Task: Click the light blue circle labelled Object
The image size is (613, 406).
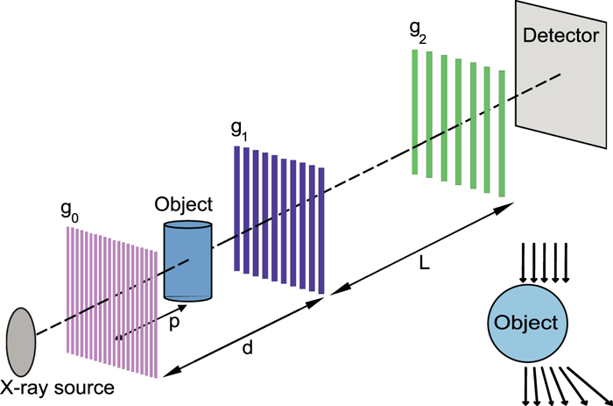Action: tap(525, 322)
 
